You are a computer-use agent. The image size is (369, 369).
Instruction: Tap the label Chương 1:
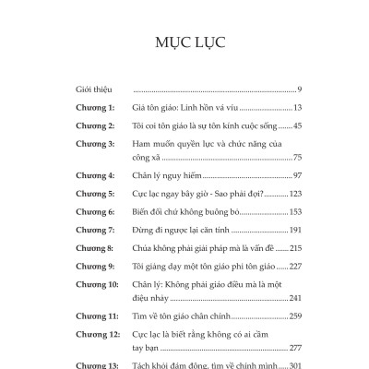pos(97,109)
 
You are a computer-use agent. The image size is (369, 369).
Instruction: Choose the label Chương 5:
pos(97,195)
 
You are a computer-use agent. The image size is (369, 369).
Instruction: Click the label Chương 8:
pos(97,248)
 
